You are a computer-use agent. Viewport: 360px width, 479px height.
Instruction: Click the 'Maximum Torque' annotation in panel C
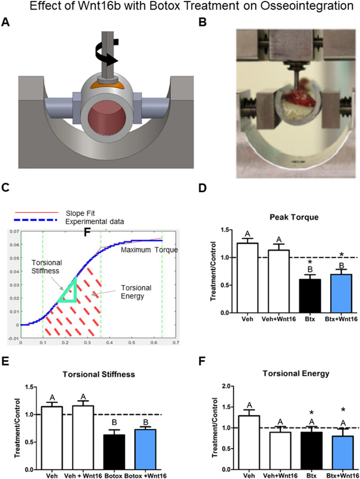[x=145, y=249]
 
